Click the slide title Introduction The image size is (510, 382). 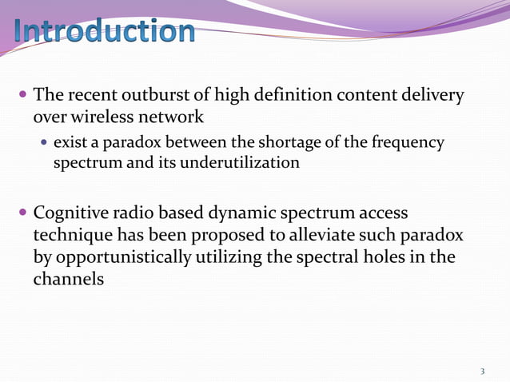105,31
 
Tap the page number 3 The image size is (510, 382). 482,371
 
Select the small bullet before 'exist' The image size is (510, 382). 44,143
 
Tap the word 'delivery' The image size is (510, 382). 436,96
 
